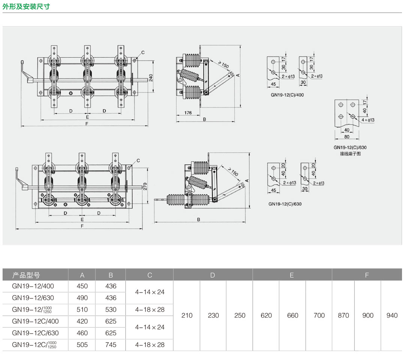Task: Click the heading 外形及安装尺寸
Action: [26, 6]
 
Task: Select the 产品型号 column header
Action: [26, 275]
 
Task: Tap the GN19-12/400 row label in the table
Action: [33, 286]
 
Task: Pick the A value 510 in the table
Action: [82, 310]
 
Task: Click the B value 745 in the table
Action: [111, 345]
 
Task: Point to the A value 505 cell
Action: [82, 345]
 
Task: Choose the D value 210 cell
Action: [187, 315]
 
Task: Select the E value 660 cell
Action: [292, 315]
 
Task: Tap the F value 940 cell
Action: [392, 315]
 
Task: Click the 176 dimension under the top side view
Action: [188, 113]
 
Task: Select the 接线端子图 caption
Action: [350, 154]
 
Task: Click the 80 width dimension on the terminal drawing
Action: [347, 137]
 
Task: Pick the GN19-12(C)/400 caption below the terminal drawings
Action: [287, 95]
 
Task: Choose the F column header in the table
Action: [367, 275]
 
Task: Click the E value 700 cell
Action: [319, 315]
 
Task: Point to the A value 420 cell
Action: [82, 321]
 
